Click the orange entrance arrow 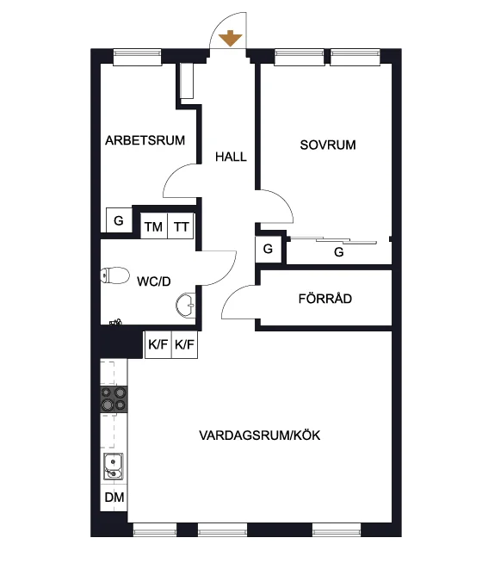[x=231, y=38]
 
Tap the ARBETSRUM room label [x=145, y=140]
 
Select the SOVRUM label [x=328, y=145]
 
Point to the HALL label [x=231, y=157]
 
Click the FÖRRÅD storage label [x=325, y=299]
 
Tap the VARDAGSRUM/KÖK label [x=260, y=436]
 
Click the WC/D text [x=154, y=281]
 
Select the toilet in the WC [x=114, y=275]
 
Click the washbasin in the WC [x=186, y=305]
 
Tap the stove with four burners [x=114, y=399]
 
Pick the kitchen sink [x=113, y=467]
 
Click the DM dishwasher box [x=114, y=498]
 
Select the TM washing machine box [x=154, y=226]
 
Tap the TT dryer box [x=181, y=226]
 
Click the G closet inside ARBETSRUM [x=119, y=220]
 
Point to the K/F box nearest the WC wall [x=158, y=344]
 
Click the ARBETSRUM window [x=137, y=58]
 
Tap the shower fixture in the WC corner [x=116, y=322]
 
